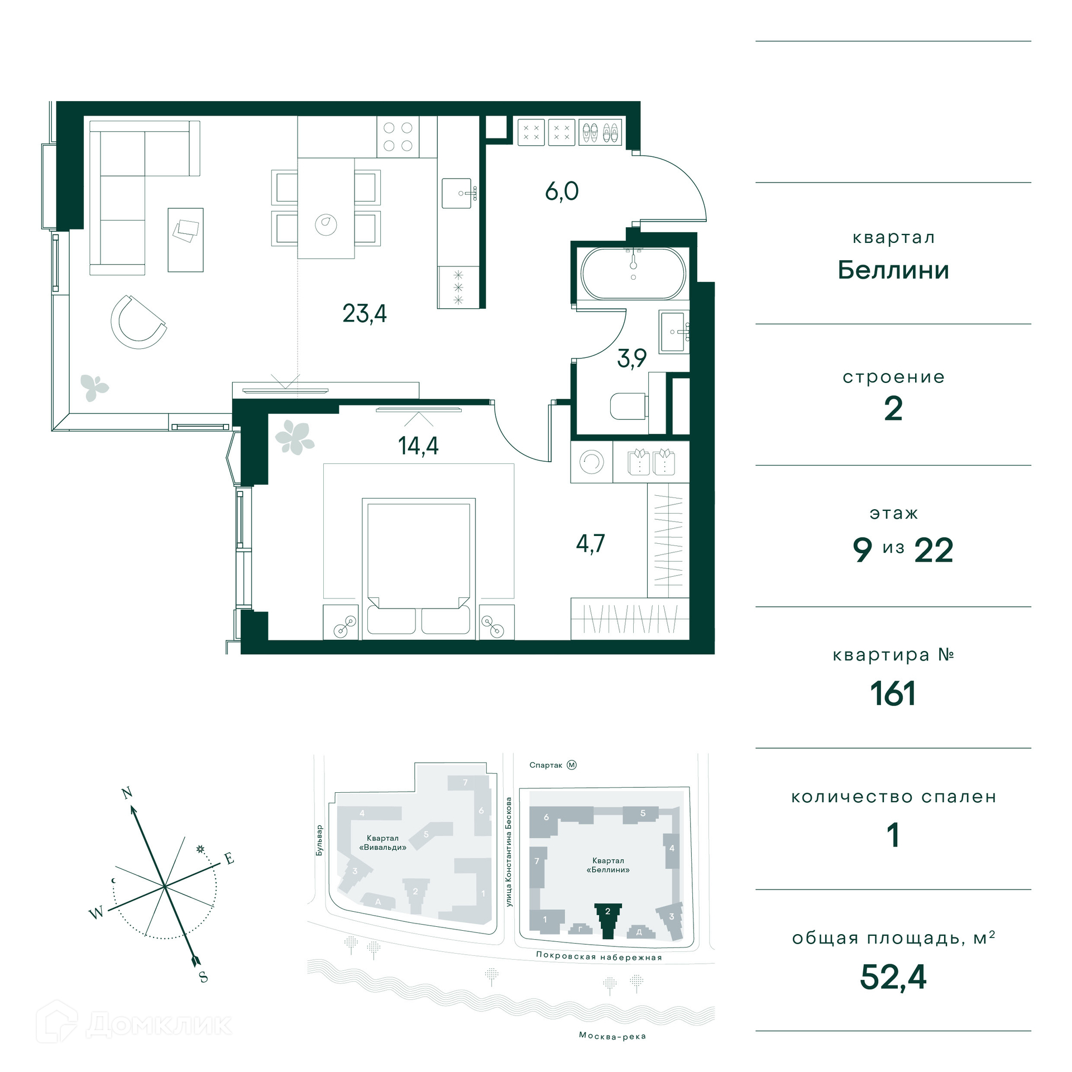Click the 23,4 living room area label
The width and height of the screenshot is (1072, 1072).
click(365, 313)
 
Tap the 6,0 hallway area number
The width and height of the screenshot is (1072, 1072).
click(562, 191)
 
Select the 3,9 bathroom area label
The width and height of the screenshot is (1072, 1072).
click(632, 358)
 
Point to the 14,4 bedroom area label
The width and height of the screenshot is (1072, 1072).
click(418, 446)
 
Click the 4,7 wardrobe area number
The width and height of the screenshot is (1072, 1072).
click(591, 543)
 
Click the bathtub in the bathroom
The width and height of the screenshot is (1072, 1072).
click(633, 274)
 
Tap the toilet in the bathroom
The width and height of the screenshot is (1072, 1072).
click(629, 406)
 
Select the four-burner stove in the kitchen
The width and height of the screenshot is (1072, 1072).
click(398, 137)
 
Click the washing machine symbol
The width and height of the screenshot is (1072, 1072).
click(591, 462)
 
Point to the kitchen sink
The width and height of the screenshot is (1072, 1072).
click(457, 193)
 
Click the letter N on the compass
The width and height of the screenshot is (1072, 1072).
click(127, 793)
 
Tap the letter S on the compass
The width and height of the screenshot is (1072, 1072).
click(204, 977)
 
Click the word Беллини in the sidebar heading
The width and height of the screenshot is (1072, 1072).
click(893, 270)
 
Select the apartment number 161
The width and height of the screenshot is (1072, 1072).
click(893, 693)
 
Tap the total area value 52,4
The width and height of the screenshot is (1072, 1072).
click(893, 977)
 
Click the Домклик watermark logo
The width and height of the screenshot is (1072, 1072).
click(134, 1024)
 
